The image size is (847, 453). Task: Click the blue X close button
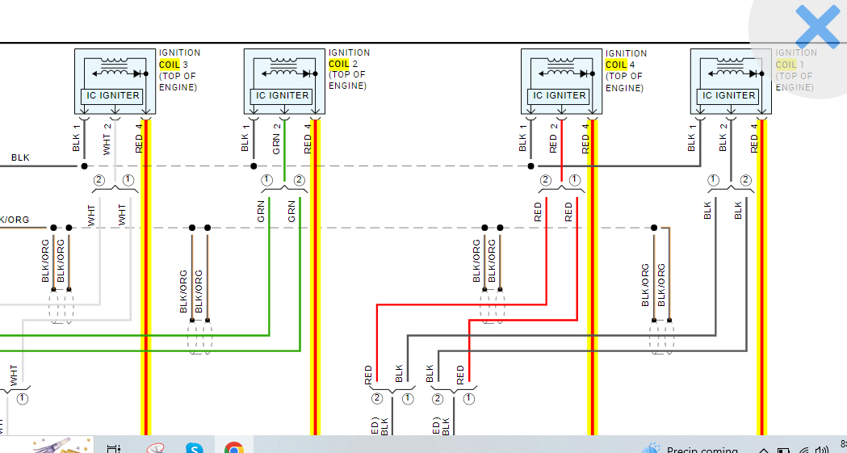pyautogui.click(x=817, y=27)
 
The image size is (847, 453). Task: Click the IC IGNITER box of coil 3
pyautogui.click(x=113, y=95)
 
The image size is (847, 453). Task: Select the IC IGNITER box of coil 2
pyautogui.click(x=283, y=95)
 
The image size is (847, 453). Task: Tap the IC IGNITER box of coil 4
pyautogui.click(x=560, y=95)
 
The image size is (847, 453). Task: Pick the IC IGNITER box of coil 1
pyautogui.click(x=729, y=95)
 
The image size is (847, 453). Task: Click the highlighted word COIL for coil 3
pyautogui.click(x=170, y=64)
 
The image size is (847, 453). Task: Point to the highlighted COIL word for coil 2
pyautogui.click(x=339, y=64)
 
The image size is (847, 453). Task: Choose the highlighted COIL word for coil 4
pyautogui.click(x=616, y=65)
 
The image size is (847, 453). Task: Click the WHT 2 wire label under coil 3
pyautogui.click(x=107, y=138)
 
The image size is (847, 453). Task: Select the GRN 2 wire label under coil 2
pyautogui.click(x=277, y=138)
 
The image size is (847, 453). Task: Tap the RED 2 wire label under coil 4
pyautogui.click(x=554, y=138)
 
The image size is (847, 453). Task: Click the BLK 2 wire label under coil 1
pyautogui.click(x=723, y=138)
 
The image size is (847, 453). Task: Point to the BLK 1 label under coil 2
pyautogui.click(x=245, y=138)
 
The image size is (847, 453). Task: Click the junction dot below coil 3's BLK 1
pyautogui.click(x=84, y=166)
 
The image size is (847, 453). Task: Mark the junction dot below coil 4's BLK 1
pyautogui.click(x=530, y=166)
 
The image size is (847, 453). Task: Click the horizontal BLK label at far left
pyautogui.click(x=20, y=157)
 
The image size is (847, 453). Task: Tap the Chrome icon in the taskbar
pyautogui.click(x=234, y=447)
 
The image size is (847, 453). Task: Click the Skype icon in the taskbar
pyautogui.click(x=194, y=447)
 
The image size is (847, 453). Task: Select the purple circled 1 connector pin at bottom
pyautogui.click(x=468, y=398)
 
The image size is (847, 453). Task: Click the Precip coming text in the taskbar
pyautogui.click(x=702, y=450)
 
